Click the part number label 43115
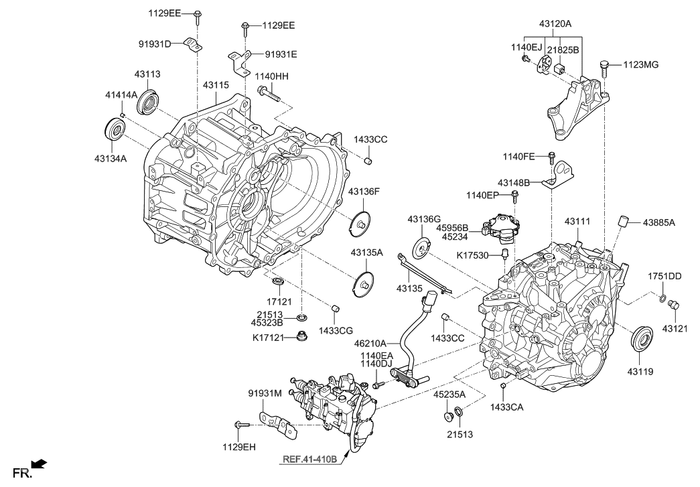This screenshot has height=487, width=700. pos(216,86)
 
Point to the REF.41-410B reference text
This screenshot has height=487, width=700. pos(310,460)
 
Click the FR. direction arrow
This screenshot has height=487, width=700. pos(40,463)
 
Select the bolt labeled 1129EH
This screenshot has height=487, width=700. pos(241,425)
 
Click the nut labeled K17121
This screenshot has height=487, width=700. pos(301,336)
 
